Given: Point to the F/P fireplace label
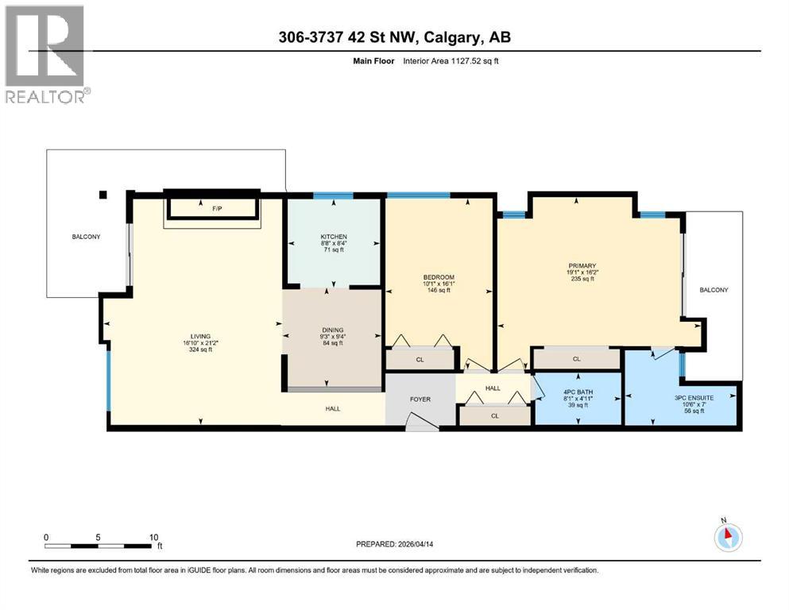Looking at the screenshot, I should tap(216, 209).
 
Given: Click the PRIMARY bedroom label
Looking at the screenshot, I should tap(582, 265).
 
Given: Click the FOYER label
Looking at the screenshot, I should tap(420, 399).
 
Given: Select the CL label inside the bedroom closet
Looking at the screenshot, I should tap(420, 359).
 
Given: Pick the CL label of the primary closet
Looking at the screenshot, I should tap(576, 359).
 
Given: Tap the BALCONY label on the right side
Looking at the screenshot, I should tap(713, 290).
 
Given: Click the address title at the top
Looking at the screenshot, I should tap(393, 38).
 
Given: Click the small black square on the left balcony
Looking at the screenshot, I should tap(102, 195).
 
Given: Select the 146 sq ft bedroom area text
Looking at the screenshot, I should tap(438, 291).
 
